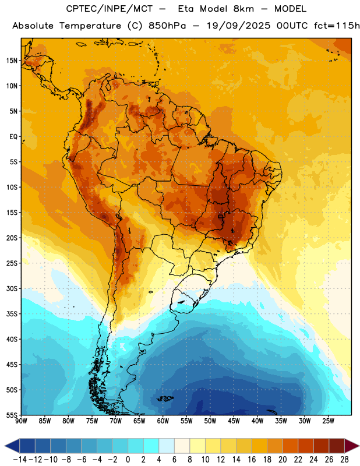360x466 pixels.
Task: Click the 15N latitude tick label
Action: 12,61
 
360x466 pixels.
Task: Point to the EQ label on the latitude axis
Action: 13,137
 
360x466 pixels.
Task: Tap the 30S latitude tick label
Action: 12,288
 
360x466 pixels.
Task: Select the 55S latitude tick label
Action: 12,415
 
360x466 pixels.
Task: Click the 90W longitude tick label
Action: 21,421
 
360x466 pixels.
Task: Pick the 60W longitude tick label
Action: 163,421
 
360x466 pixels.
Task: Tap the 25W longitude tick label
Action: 328,421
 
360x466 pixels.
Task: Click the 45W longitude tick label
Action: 234,421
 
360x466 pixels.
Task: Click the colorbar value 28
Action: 344,460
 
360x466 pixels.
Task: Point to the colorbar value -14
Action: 20,460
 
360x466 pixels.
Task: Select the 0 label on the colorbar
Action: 128,460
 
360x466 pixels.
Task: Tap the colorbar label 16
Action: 252,460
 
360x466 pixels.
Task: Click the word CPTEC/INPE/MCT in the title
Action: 109,9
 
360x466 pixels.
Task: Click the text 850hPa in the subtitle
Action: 167,26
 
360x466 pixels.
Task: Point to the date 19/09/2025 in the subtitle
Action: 238,26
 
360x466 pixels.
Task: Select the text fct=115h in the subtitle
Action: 337,26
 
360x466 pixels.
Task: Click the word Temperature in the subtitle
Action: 90,26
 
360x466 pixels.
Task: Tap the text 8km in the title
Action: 243,9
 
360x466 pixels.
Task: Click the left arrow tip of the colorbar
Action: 5,446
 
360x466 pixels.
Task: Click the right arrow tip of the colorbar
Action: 359,446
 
